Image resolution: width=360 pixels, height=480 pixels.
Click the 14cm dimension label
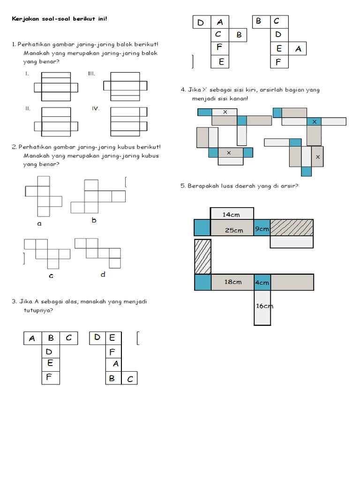point(231,215)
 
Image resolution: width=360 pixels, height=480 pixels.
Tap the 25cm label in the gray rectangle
point(233,230)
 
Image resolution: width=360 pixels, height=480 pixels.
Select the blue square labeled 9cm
point(262,229)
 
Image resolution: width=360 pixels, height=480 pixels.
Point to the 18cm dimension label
point(232,282)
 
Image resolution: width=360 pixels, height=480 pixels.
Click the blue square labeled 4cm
point(262,283)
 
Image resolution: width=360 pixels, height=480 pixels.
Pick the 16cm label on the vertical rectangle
point(264,306)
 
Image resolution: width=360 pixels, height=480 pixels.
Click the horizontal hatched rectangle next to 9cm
point(292,227)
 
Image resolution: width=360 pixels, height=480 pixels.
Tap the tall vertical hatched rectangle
point(202,256)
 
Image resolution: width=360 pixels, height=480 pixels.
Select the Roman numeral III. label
point(91,74)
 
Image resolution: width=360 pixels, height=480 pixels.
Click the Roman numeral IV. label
point(96,108)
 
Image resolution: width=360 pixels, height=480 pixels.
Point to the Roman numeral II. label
point(28,108)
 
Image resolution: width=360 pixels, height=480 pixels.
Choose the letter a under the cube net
point(39,224)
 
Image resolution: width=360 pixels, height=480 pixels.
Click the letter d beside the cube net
point(103,274)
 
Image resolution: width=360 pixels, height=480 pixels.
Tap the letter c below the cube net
point(51,276)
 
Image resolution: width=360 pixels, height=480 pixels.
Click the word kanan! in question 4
point(238,98)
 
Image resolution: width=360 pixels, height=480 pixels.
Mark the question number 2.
point(14,147)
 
